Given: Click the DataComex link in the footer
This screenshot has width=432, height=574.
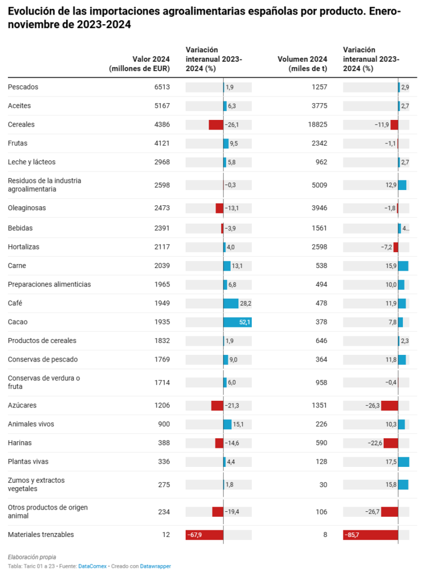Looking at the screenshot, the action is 93,566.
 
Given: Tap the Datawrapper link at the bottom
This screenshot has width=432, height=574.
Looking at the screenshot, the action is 155,566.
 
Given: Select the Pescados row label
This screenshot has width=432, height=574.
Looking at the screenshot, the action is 23,87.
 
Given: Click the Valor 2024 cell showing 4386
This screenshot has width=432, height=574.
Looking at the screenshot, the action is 162,124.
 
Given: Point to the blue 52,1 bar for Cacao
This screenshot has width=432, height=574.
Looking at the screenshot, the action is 237,322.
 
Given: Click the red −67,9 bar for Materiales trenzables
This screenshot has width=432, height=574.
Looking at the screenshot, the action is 204,535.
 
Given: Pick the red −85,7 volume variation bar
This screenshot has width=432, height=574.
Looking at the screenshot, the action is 370,535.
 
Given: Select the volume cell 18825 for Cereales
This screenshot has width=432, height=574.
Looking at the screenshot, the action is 318,124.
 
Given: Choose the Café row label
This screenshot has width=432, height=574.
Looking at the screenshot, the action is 15,303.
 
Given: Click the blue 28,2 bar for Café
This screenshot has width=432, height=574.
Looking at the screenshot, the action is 231,303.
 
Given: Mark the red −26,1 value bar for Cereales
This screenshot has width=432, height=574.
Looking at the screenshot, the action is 216,125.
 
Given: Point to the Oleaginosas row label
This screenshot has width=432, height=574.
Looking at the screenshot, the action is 27,208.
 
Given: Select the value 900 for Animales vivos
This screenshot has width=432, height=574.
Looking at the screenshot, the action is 164,424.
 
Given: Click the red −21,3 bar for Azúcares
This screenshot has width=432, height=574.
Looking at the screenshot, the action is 217,406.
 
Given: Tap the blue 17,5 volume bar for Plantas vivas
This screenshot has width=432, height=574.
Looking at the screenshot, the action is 403,462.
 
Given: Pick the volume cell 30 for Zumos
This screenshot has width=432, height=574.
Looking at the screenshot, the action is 323,485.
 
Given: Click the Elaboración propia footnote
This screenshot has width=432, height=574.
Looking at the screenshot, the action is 32,557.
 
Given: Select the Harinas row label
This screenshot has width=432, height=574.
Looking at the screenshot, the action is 20,443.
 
